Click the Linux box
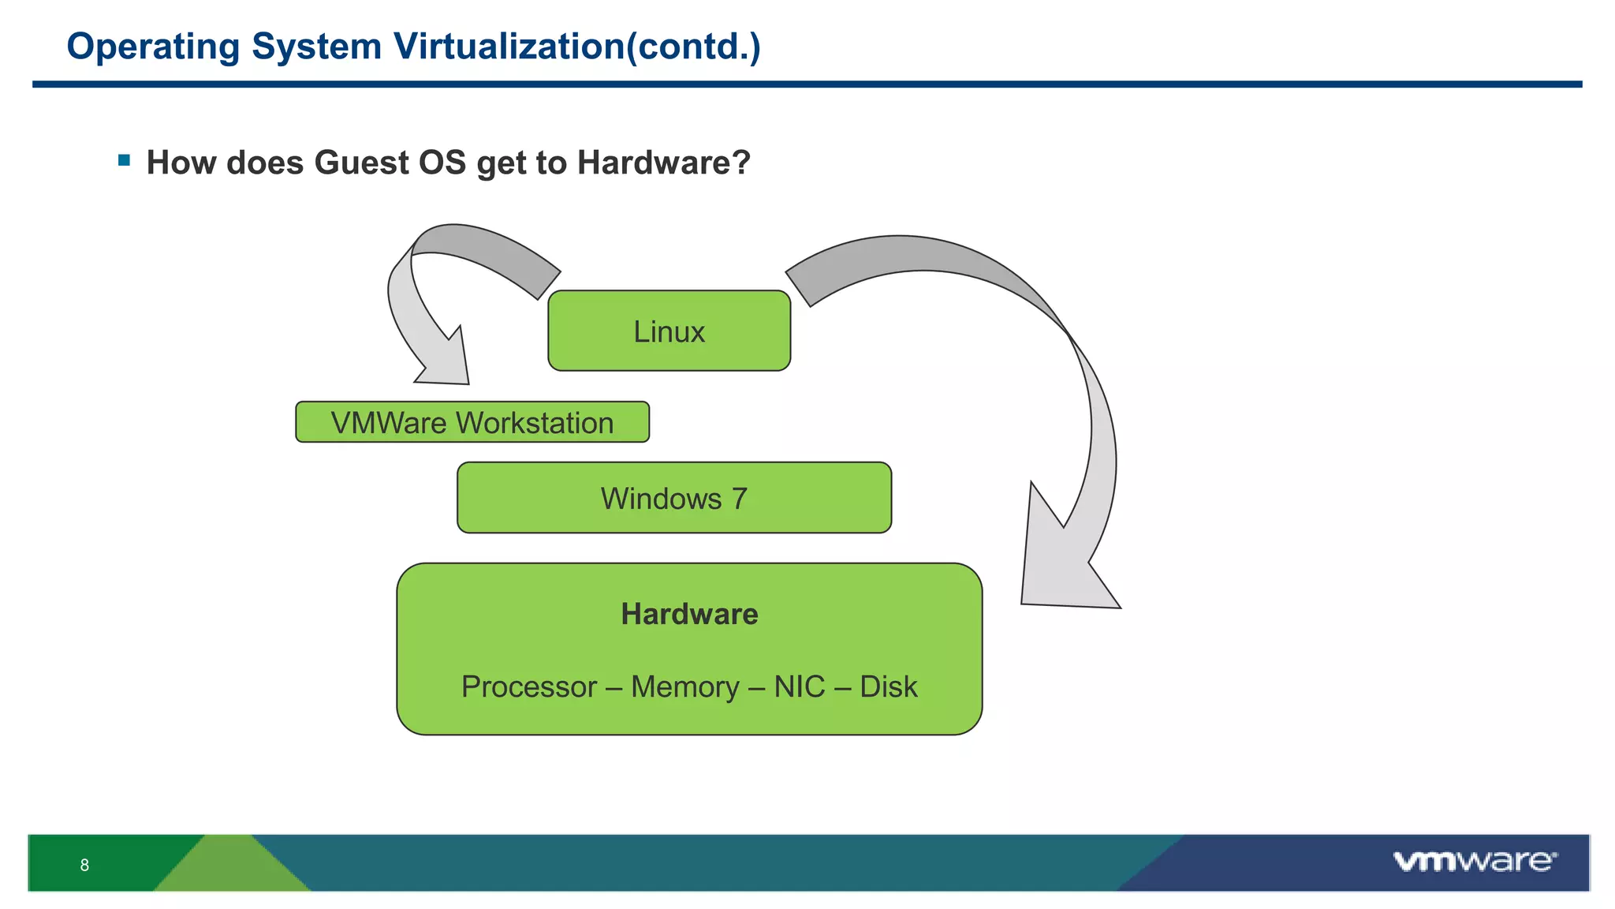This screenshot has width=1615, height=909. point(669,331)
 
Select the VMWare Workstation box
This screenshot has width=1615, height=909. point(472,422)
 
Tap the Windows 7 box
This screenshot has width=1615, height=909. point(673,498)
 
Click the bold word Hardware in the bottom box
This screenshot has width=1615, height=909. point(689,614)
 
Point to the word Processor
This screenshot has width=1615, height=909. point(528,686)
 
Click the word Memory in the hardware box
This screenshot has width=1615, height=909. point(684,686)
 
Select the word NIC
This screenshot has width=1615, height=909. point(799,686)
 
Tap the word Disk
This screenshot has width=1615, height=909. point(888,686)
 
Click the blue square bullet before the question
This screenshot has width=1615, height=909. point(124,161)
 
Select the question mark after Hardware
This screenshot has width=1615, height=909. point(741,163)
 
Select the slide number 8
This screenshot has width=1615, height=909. point(84,865)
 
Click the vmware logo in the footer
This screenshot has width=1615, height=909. point(1474,861)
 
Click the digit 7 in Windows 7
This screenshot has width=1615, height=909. point(739,498)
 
